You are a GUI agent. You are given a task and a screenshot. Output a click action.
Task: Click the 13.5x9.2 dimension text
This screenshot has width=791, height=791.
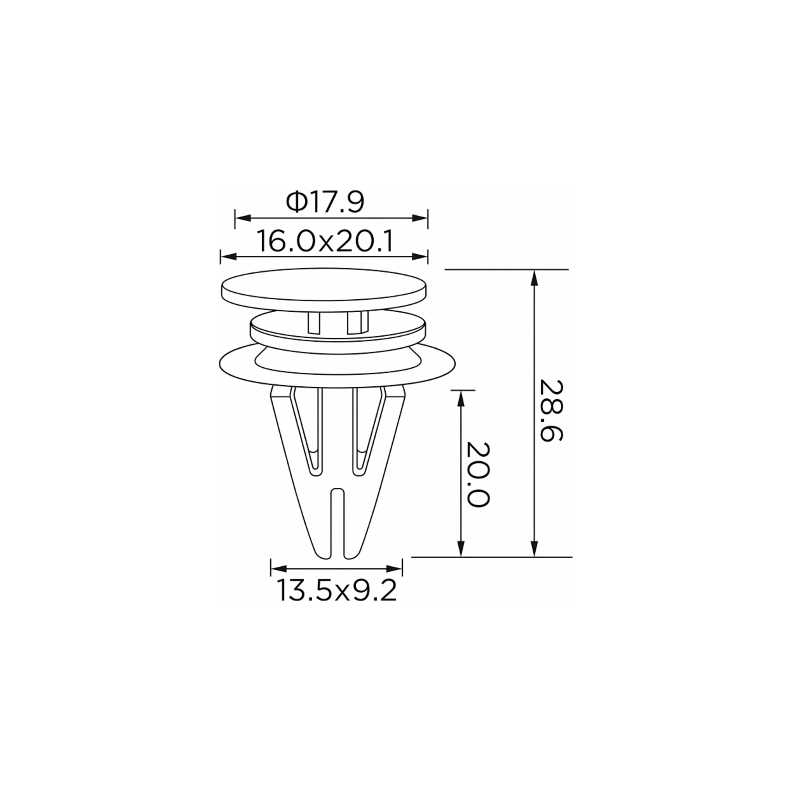pyautogui.click(x=337, y=590)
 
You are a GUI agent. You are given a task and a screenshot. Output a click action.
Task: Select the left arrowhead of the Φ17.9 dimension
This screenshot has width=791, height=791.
pyautogui.click(x=243, y=218)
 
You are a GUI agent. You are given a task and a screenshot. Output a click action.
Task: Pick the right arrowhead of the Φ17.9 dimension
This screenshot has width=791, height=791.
pyautogui.click(x=420, y=218)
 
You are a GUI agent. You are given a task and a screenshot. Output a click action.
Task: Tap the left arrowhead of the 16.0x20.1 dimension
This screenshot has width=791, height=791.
pyautogui.click(x=228, y=257)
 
